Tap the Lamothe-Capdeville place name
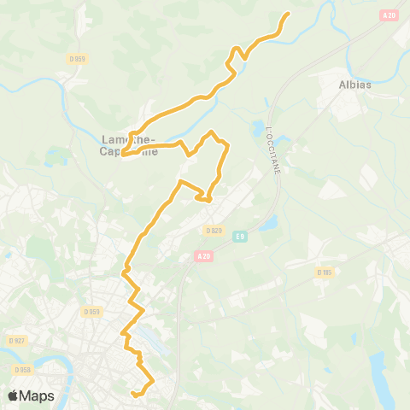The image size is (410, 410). [128, 145]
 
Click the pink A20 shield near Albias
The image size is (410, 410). [389, 15]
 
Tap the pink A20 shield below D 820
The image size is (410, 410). [203, 255]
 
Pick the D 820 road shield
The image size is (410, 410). [214, 231]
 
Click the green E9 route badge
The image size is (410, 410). [240, 236]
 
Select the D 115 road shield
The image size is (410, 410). [324, 272]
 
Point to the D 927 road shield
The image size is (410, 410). [16, 340]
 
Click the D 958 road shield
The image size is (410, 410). [22, 370]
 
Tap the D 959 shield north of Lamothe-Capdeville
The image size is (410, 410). [78, 58]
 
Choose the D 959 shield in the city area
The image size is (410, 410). [92, 312]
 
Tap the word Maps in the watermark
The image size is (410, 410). [38, 395]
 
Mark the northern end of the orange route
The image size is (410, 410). [288, 14]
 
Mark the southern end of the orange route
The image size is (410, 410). [133, 394]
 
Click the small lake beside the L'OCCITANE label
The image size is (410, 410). [257, 131]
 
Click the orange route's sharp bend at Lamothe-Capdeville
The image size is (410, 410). [124, 155]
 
